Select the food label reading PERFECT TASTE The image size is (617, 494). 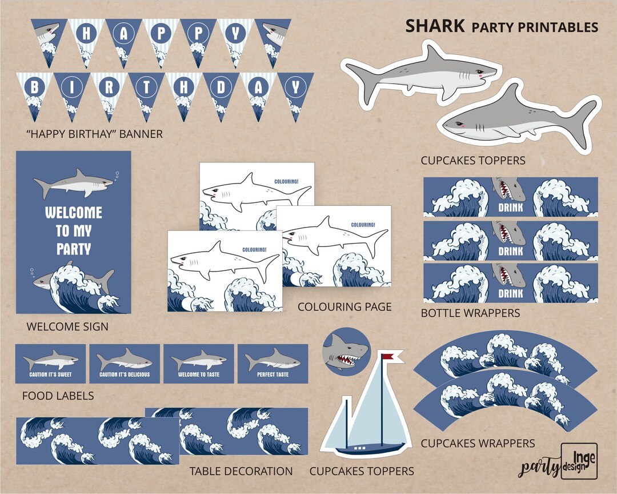point(273,364)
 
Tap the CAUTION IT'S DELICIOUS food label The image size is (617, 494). point(125,364)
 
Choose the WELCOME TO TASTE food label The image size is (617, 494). point(198,364)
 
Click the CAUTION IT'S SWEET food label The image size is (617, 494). point(50,364)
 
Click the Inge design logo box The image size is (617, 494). point(579,460)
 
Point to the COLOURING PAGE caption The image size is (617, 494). point(344,307)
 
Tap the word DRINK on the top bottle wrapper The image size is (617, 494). point(510,208)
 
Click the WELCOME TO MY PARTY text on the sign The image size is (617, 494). point(73,230)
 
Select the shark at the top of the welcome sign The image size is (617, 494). point(73,183)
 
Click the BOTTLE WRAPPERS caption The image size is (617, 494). point(470,313)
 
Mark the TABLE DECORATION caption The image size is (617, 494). point(241,472)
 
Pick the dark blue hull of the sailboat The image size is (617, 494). point(370,449)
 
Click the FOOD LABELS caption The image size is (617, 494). point(58,396)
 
